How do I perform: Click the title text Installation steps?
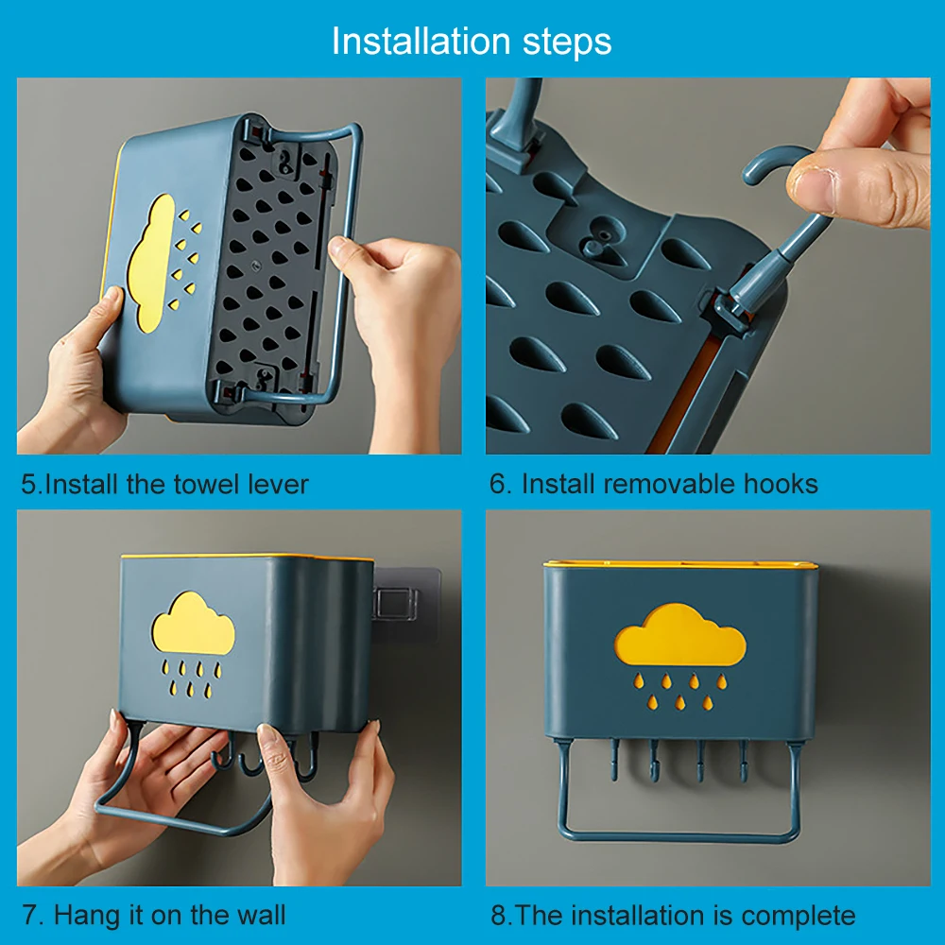[472, 42]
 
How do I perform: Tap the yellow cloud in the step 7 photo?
[193, 623]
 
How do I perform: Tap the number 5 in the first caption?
[29, 485]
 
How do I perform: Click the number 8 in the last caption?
[498, 915]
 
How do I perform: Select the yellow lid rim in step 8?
[679, 566]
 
